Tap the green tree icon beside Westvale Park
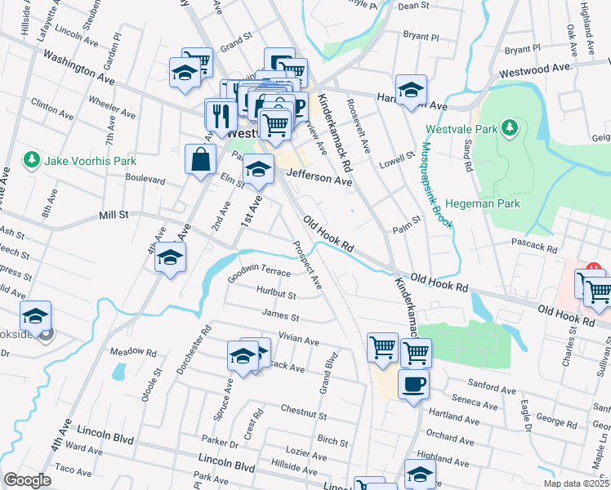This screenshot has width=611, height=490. coord(510,128)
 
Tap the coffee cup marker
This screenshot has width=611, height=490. coord(413,384)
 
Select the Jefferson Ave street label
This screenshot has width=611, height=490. coord(319,176)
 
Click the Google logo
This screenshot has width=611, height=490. coord(27,480)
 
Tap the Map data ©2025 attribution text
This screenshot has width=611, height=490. coord(577,483)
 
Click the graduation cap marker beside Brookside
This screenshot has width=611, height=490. coord(35,316)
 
